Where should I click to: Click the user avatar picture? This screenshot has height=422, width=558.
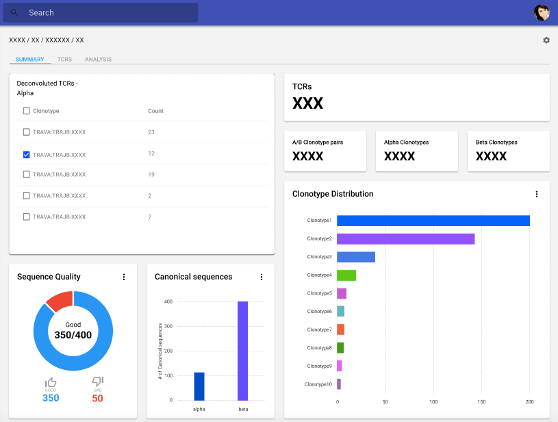542,12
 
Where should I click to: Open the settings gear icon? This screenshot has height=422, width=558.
546,40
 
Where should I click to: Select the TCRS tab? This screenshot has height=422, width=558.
64,60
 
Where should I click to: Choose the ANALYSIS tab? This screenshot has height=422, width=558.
98,60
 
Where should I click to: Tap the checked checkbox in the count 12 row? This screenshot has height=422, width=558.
27,155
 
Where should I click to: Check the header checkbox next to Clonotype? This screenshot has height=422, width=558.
27,111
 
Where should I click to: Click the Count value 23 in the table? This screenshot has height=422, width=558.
151,132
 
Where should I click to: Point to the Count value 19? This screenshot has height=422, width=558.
151,175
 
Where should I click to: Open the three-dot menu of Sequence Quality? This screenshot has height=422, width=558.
124,277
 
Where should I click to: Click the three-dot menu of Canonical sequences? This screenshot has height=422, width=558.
262,277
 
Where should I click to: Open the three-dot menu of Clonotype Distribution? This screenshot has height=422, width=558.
537,194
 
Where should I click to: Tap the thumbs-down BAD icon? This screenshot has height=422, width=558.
97,382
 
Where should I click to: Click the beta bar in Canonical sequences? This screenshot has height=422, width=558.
242,351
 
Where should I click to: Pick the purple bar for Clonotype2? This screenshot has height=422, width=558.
405,238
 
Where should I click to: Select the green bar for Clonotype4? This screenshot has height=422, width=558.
346,275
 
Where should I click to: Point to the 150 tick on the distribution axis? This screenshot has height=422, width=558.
481,402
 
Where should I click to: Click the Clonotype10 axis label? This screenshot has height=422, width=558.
318,384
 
